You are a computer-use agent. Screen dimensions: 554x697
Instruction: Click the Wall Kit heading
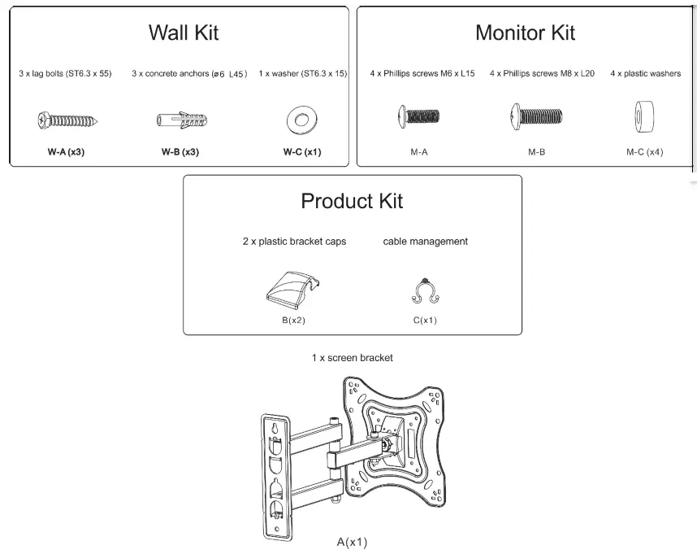tap(183, 33)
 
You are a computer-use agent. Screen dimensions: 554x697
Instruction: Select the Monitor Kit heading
tap(525, 33)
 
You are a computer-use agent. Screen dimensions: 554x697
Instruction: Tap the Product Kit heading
tap(352, 201)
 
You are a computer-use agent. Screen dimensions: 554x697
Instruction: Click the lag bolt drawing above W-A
tap(69, 121)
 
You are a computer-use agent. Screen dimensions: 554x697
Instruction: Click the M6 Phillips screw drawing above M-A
tap(418, 116)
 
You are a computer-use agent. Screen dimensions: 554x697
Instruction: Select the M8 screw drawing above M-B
tap(536, 116)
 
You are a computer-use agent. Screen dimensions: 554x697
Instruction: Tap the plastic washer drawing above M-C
tap(644, 116)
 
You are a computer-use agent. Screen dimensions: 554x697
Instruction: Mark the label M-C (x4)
tap(644, 152)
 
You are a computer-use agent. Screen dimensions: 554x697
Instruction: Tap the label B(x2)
tap(293, 320)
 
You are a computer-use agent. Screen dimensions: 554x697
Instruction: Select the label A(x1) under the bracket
tap(353, 541)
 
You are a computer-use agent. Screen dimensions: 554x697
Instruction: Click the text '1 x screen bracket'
tap(352, 357)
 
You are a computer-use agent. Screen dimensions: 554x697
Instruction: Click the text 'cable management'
tap(425, 242)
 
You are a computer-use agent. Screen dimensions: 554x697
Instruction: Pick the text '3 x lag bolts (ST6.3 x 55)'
tap(65, 74)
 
